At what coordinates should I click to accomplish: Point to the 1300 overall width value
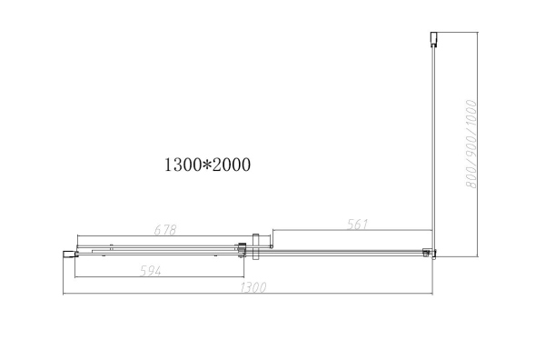click(x=251, y=288)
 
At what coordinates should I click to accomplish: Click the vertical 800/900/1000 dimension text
click(x=471, y=145)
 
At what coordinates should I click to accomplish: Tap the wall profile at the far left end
click(x=66, y=254)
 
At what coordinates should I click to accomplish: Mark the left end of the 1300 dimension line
click(x=62, y=295)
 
